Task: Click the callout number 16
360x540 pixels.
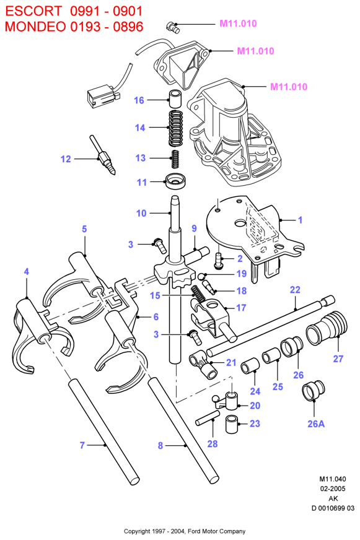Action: (139, 100)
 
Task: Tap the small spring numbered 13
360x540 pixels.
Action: (176, 159)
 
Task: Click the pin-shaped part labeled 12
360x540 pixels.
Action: (103, 155)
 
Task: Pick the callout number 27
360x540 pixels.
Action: (338, 359)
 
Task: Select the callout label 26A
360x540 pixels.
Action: (316, 424)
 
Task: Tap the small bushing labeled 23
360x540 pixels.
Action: (232, 424)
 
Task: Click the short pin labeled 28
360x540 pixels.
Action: (208, 418)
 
